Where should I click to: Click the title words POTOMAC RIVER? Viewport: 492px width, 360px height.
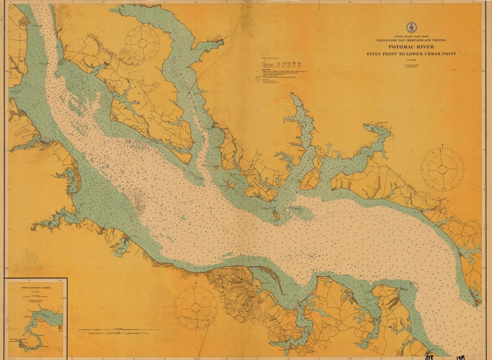click(411, 46)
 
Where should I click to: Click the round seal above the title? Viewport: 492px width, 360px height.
click(411, 27)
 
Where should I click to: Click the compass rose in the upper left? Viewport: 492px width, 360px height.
click(143, 42)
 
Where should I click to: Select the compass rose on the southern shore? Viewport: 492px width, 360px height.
click(196, 307)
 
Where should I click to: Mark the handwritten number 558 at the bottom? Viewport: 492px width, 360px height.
click(429, 356)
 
